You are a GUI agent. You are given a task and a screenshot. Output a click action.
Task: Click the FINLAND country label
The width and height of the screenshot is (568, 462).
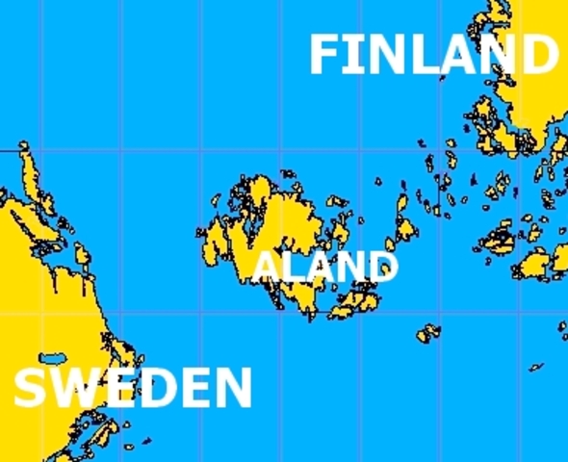[433, 55]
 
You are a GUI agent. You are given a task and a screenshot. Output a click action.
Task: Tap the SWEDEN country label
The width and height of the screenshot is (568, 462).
[132, 388]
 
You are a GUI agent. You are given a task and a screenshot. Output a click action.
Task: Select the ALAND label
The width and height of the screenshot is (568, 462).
[325, 267]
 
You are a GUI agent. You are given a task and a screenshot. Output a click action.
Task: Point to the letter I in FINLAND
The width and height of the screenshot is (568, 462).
[353, 56]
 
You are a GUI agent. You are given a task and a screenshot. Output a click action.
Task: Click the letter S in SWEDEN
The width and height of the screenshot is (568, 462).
[30, 389]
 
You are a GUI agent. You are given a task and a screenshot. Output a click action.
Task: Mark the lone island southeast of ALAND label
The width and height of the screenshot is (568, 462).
[428, 334]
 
